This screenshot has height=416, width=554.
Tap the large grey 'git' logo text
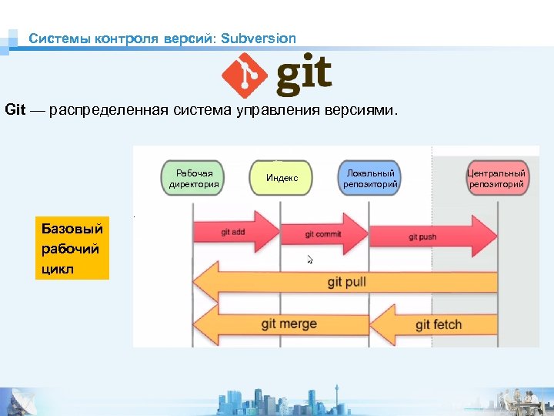[304, 75]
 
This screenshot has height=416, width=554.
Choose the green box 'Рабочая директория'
[194, 179]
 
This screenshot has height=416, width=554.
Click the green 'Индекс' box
[282, 179]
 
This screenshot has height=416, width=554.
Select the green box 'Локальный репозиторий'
[370, 179]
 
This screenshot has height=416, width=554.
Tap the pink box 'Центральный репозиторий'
[496, 179]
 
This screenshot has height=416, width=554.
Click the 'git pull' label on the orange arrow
[346, 282]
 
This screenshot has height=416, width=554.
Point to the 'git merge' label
[289, 324]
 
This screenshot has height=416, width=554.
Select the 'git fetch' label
[438, 324]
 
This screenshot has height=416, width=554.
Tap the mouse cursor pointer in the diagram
[309, 259]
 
